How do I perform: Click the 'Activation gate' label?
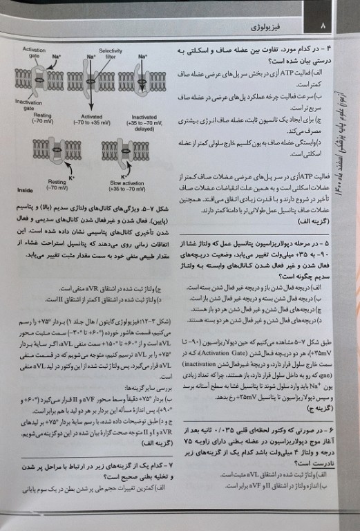[x=35, y=53]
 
